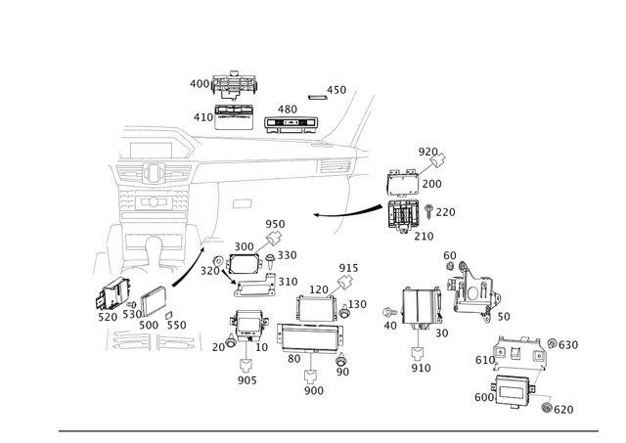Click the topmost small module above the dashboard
[235, 84]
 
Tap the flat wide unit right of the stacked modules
[291, 122]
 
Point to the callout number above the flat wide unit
[288, 107]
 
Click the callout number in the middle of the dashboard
[243, 202]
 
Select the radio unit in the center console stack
[153, 202]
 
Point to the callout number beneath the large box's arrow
[313, 389]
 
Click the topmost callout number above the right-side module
[428, 150]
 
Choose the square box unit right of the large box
[424, 308]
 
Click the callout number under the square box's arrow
[422, 368]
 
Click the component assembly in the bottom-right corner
[513, 377]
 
